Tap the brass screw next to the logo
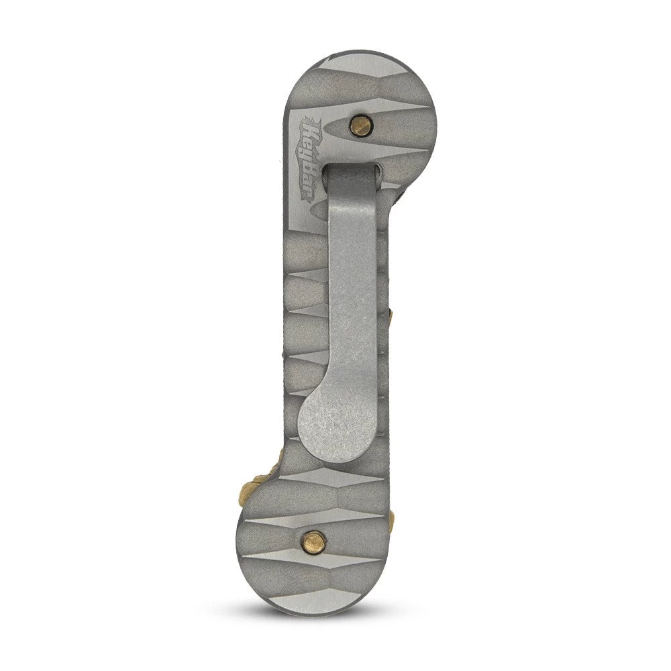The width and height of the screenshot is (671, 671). pyautogui.click(x=361, y=125)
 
